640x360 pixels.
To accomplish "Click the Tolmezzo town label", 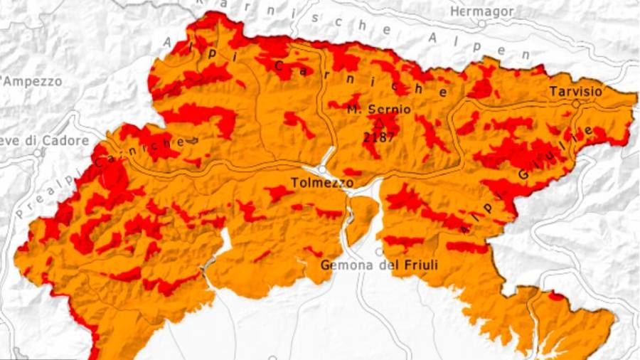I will [322, 183].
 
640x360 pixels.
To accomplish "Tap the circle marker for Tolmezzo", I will [322, 169].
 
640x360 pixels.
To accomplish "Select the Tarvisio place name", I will [575, 91].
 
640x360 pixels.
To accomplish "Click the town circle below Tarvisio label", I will [575, 104].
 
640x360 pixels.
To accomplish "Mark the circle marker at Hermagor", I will [481, 23].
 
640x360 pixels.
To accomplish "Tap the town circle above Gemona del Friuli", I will [379, 251].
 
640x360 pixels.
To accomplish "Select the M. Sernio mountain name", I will [378, 110].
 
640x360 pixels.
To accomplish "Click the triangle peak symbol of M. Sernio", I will [379, 122].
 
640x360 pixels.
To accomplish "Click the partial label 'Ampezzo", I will [32, 81].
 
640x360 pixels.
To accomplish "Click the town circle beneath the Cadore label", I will [37, 152].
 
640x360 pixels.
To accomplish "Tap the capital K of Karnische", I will [225, 5].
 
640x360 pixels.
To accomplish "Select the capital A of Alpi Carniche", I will [168, 43].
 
